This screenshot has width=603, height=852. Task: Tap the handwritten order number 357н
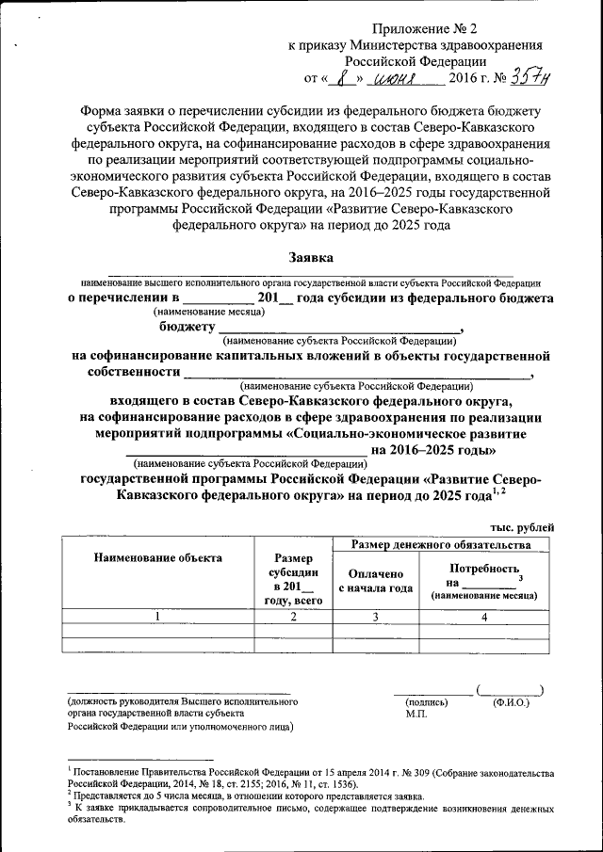click(x=529, y=78)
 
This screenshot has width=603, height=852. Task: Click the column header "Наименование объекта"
click(x=158, y=557)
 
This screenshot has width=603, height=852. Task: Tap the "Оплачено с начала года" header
click(x=375, y=581)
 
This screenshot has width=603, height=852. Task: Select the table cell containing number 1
click(x=158, y=617)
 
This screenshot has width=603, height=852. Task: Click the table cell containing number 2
click(x=293, y=617)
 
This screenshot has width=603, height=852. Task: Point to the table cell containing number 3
click(x=375, y=617)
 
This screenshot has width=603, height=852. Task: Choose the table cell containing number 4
click(x=483, y=617)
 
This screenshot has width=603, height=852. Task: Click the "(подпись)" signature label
click(x=425, y=702)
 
